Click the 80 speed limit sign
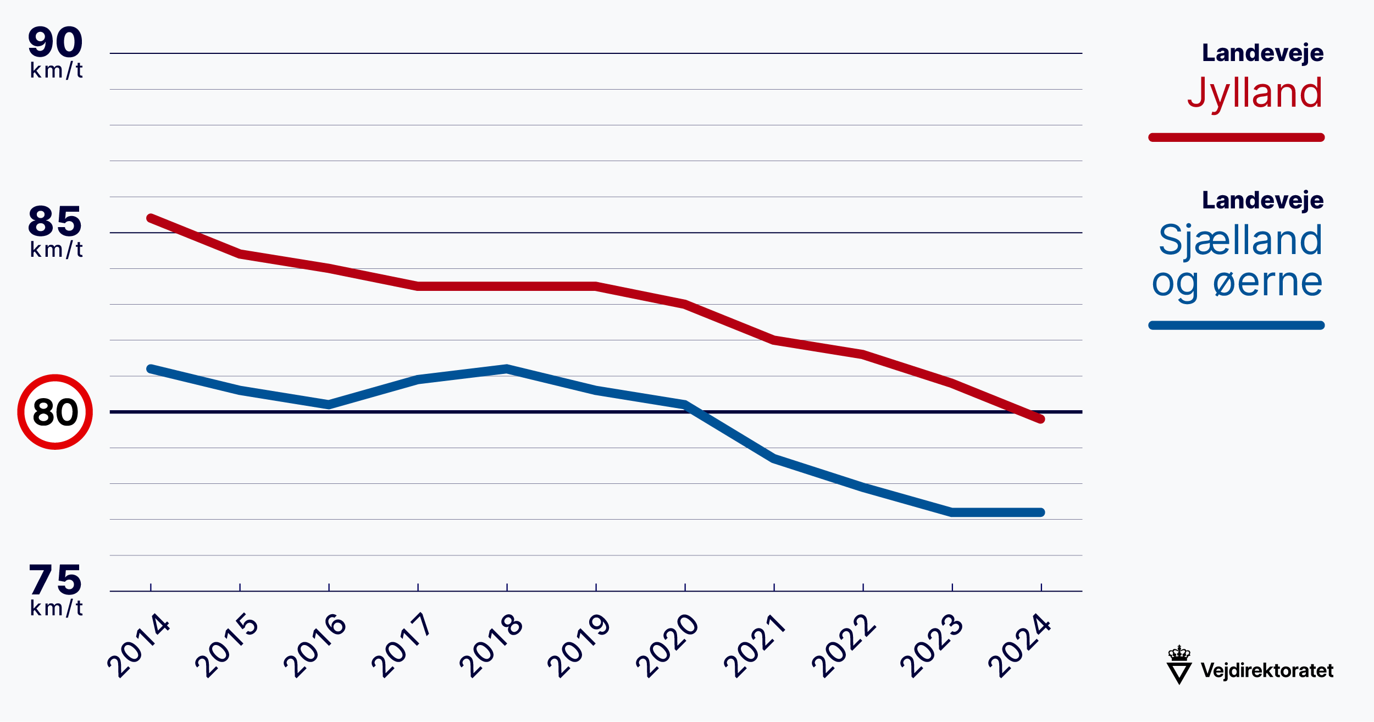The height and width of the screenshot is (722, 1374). click(55, 412)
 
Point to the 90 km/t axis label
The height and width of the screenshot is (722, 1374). click(56, 53)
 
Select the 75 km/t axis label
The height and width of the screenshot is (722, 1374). click(56, 591)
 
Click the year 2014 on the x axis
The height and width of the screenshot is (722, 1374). click(138, 646)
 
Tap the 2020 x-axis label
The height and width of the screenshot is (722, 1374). click(667, 646)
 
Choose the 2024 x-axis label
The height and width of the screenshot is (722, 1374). click(1019, 646)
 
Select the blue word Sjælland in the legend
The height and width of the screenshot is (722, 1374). click(1240, 240)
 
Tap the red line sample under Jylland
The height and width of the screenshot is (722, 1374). click(1236, 137)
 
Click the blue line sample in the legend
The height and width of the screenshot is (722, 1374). click(1236, 326)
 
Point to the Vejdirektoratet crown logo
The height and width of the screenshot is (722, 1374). click(1179, 665)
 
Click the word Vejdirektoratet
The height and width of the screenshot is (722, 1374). click(1267, 670)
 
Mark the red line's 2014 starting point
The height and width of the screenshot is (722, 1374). click(151, 218)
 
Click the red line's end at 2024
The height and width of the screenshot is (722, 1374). click(1040, 419)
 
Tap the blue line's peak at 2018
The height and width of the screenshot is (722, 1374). click(507, 368)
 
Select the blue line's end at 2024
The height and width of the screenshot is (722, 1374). click(1040, 512)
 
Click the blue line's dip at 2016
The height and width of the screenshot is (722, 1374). click(329, 405)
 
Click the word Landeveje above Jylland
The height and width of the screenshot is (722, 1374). click(1263, 53)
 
